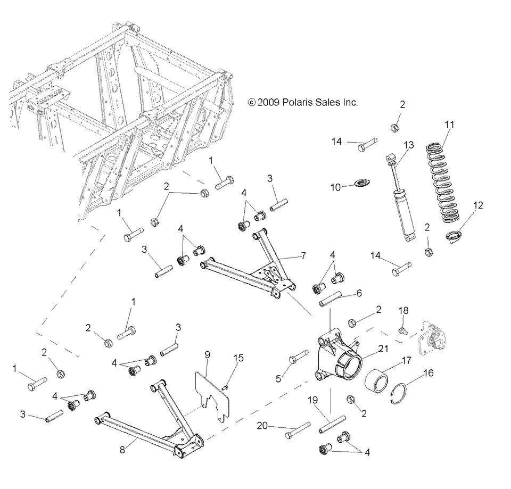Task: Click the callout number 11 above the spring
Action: tap(449, 125)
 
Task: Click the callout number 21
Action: tap(384, 349)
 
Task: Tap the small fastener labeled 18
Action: tap(402, 331)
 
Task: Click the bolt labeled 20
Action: tap(298, 430)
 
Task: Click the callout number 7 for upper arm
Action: tap(302, 256)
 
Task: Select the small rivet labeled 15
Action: tap(226, 387)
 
